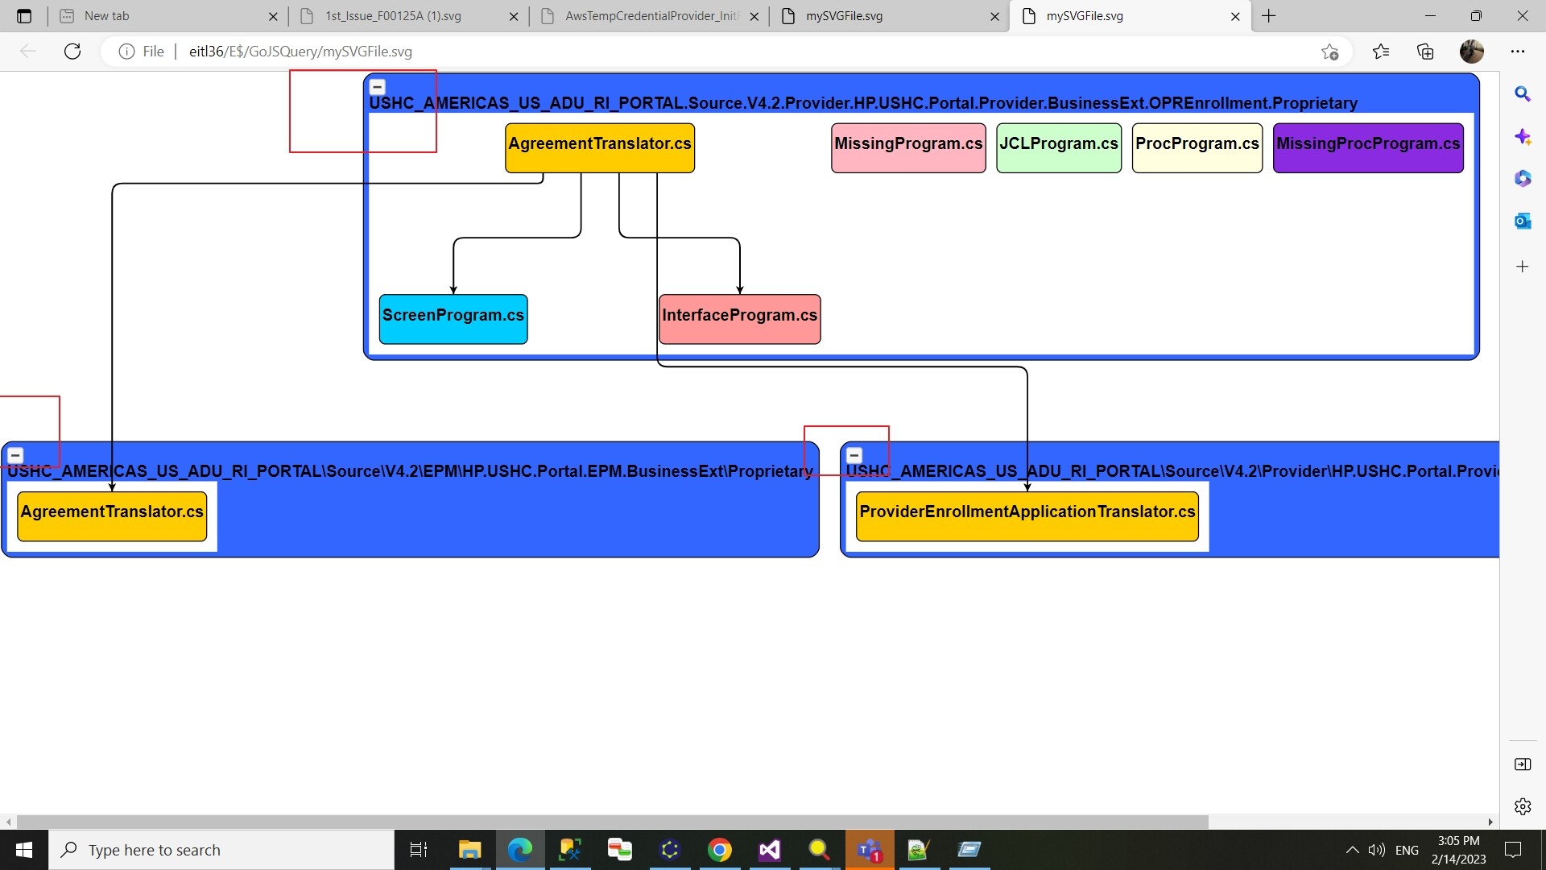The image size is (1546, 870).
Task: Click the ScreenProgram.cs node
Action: point(453,319)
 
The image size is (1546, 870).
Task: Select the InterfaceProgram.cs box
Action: point(740,319)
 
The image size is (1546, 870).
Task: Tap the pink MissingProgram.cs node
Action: point(908,147)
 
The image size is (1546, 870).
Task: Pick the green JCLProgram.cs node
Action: point(1059,147)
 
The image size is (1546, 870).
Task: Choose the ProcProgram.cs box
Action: point(1197,147)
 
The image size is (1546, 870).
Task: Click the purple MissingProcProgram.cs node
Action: point(1368,147)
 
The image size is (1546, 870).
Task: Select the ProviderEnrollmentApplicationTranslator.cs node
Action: point(1027,516)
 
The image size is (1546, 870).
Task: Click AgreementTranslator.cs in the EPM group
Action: point(112,516)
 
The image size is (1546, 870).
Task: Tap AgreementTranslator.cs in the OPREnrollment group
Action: point(600,147)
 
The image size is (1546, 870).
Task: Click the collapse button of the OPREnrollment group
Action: point(377,87)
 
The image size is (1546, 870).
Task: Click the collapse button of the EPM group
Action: point(15,455)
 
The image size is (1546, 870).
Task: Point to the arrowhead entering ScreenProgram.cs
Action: point(453,290)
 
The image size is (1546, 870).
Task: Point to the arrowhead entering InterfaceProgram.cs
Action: point(740,290)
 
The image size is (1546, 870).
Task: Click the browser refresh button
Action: point(72,52)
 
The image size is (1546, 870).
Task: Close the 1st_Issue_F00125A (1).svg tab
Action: point(514,16)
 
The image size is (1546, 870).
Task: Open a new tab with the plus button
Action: point(1269,16)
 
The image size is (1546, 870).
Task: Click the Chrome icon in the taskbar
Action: point(720,850)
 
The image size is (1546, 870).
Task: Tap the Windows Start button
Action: point(24,850)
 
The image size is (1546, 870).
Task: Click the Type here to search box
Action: point(222,850)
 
